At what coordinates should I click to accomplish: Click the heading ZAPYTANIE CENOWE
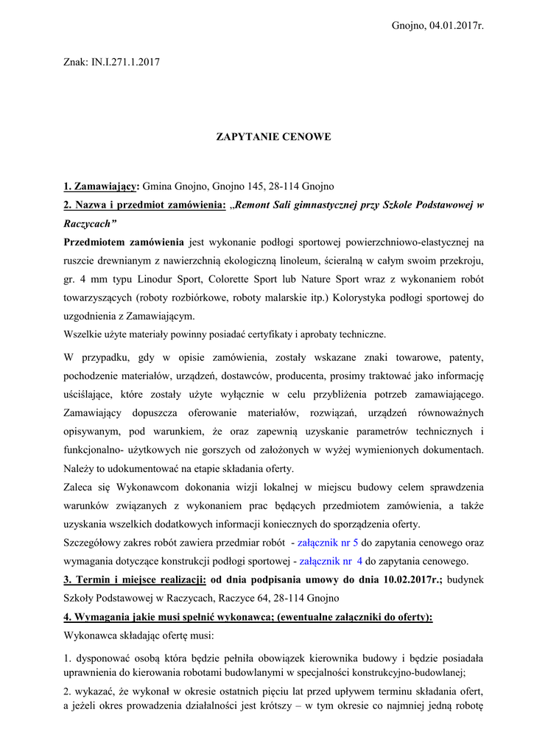tap(273, 137)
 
